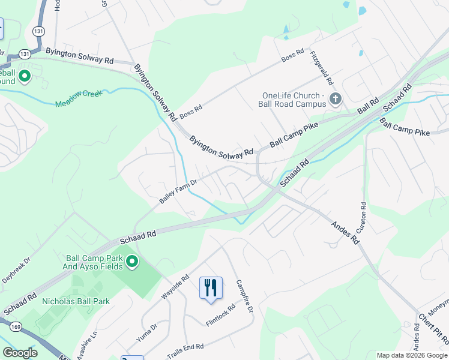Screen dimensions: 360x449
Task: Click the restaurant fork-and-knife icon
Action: [x=210, y=287]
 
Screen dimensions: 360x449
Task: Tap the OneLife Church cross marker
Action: [x=335, y=98]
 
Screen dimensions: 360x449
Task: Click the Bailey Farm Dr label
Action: [x=178, y=191]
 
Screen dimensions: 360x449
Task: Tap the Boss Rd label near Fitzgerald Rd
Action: [x=293, y=57]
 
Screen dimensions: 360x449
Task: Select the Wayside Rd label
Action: [x=176, y=289]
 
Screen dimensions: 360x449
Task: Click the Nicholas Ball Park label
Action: [x=76, y=301]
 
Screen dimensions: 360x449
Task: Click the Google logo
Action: [x=20, y=353]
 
